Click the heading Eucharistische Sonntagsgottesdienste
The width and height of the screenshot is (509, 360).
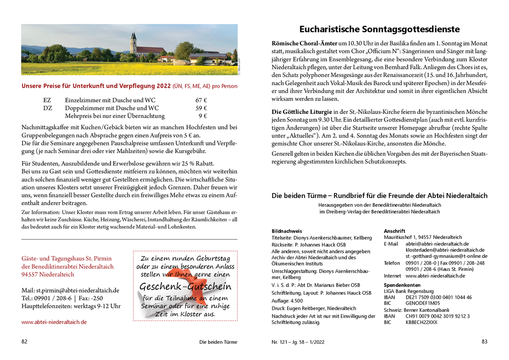(380, 29)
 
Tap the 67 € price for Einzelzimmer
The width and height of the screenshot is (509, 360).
(201, 100)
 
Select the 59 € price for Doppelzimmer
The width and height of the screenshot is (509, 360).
(201, 108)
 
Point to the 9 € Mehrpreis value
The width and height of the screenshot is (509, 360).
(203, 116)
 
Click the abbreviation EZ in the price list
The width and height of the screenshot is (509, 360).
(47, 100)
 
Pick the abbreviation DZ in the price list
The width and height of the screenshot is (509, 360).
(48, 108)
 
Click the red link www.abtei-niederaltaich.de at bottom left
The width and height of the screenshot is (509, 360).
(54, 322)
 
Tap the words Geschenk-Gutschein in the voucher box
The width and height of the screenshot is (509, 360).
(185, 287)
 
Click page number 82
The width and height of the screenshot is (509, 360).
(24, 342)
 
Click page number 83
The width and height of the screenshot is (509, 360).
(484, 342)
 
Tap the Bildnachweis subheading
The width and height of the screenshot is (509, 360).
(287, 231)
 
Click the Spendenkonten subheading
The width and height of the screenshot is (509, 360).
(402, 285)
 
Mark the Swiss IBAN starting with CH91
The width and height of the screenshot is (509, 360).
(438, 316)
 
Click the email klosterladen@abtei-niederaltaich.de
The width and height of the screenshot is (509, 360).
(445, 250)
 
